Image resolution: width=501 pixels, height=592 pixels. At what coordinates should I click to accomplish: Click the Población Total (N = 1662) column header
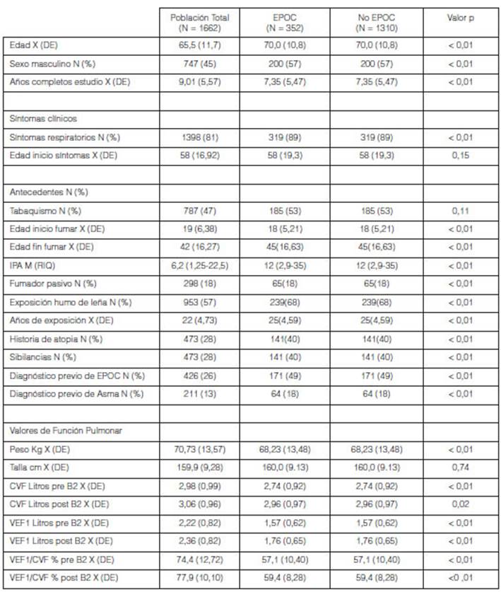200,22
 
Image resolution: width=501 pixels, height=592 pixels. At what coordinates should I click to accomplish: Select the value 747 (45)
200,64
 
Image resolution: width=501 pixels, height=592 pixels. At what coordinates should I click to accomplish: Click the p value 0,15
461,155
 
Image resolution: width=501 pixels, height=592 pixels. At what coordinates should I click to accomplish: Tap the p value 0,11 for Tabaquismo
461,211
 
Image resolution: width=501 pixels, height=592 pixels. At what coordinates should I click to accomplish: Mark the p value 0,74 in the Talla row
461,468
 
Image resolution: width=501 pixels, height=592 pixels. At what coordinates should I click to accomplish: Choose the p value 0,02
461,504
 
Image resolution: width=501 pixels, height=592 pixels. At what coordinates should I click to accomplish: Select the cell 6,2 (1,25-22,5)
200,265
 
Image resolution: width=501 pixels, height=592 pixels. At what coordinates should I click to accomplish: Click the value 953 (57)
200,302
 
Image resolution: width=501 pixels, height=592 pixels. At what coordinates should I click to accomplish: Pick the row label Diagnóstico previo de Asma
76,393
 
